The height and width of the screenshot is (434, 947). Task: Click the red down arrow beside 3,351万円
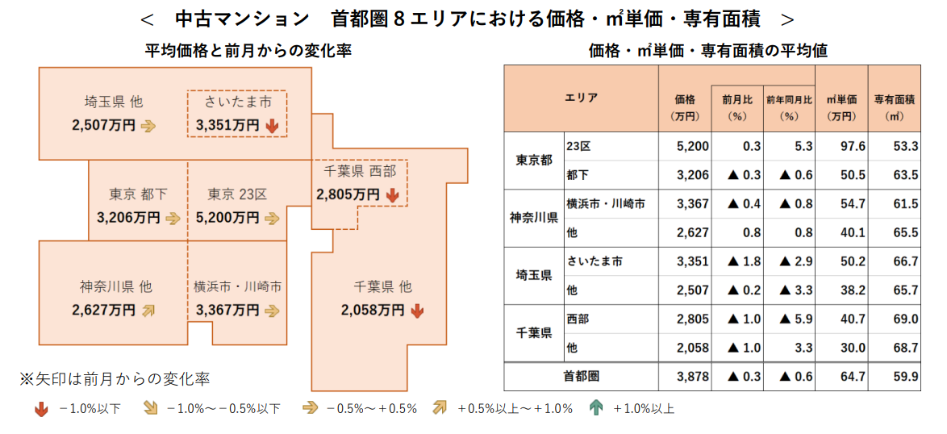(272, 126)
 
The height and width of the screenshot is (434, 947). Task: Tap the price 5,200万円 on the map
(227, 218)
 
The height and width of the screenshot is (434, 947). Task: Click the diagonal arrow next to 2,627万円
(148, 310)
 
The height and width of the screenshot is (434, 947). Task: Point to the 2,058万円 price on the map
(372, 310)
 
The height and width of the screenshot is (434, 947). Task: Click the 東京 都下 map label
(138, 194)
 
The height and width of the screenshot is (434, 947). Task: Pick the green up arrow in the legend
(596, 408)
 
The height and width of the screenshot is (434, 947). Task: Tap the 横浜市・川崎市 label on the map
(237, 286)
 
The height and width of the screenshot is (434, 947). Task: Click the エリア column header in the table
(581, 98)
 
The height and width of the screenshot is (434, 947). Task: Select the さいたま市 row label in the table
(594, 261)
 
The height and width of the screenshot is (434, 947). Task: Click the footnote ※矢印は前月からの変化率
(115, 378)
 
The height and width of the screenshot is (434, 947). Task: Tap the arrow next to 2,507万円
(148, 126)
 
